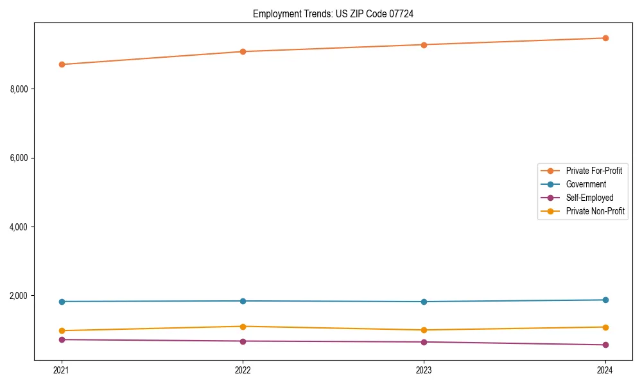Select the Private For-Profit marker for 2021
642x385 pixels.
[62, 64]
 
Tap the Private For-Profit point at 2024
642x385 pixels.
[605, 38]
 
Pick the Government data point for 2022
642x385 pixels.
[243, 301]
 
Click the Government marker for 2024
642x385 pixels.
[605, 300]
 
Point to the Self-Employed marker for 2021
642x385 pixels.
[62, 339]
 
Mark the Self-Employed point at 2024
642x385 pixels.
[605, 345]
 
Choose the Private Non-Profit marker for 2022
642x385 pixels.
[243, 327]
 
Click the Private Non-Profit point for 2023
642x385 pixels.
[424, 330]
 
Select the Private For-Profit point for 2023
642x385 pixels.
[424, 45]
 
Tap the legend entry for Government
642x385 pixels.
[586, 184]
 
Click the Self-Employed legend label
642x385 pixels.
[589, 198]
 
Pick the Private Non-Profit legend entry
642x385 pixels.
[595, 211]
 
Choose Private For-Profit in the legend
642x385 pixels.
[594, 171]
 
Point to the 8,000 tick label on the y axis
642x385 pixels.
[19, 89]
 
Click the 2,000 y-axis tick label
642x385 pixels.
[19, 296]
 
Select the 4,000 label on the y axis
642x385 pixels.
[19, 227]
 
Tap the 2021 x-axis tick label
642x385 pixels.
[62, 370]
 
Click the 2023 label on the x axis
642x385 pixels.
[424, 370]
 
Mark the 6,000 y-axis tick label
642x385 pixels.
[19, 158]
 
